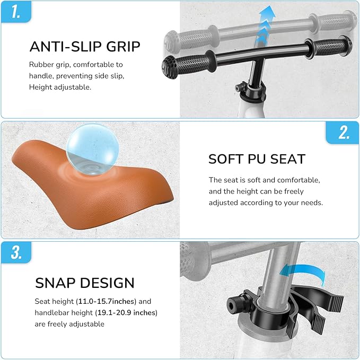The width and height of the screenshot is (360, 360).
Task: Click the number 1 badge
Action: [16, 12]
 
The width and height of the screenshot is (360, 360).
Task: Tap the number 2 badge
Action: [343, 133]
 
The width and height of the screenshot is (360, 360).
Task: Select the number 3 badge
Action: [16, 252]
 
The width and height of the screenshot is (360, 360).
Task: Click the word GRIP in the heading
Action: [123, 46]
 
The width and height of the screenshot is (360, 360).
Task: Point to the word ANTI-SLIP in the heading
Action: [66, 46]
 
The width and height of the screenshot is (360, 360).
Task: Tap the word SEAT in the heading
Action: [288, 159]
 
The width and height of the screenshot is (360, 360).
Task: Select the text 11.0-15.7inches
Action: [107, 301]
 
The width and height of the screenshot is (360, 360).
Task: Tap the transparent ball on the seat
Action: [92, 150]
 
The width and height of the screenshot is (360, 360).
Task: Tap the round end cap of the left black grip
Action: [170, 67]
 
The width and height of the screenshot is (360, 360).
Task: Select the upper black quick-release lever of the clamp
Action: [319, 296]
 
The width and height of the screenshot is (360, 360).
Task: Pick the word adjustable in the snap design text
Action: [86, 324]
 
